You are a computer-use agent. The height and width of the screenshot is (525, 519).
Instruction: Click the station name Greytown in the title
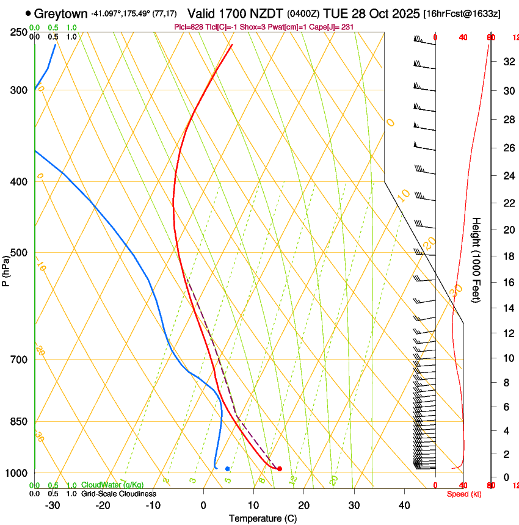60,13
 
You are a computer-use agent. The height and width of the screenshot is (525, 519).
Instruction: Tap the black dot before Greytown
28,13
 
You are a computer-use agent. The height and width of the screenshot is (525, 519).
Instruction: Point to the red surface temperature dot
280,469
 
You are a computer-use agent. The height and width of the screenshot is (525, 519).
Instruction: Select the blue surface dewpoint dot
227,469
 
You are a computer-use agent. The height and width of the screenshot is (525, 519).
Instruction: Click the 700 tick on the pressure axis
18,360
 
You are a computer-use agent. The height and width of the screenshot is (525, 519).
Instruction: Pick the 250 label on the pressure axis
18,32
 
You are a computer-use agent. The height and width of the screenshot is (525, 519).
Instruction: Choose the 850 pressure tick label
18,422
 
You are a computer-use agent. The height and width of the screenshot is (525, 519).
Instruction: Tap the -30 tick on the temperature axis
53,505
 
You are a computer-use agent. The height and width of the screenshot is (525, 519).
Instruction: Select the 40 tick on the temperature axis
404,505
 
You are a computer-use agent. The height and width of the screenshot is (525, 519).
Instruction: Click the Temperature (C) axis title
263,519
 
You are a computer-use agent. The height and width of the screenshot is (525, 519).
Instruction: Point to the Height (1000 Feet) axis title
477,259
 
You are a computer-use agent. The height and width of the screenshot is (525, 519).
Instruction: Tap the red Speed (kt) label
464,494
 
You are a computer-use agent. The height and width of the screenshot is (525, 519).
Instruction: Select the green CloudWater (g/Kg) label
112,485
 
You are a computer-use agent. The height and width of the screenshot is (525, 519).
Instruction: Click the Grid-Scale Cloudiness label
118,494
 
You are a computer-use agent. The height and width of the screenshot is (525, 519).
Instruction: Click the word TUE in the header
335,13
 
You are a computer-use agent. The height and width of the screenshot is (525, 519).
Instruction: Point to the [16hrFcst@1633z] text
462,13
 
